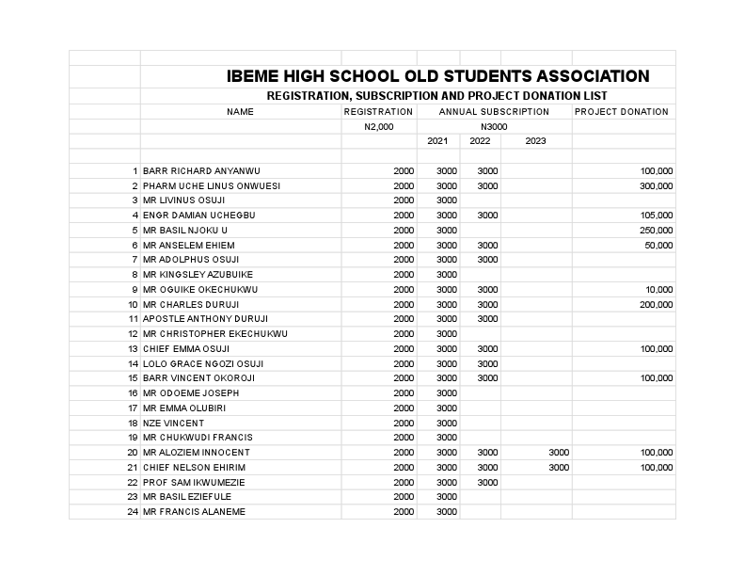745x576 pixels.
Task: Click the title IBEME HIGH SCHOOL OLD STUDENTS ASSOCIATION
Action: pyautogui.click(x=437, y=76)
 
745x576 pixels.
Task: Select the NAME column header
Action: pyautogui.click(x=240, y=112)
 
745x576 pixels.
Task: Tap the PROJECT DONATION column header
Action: pyautogui.click(x=621, y=112)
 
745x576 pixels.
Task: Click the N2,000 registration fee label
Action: pyautogui.click(x=378, y=126)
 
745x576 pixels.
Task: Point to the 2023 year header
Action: pyautogui.click(x=535, y=141)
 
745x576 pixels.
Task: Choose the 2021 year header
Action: pyautogui.click(x=437, y=141)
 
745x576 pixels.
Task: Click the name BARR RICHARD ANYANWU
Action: pyautogui.click(x=201, y=171)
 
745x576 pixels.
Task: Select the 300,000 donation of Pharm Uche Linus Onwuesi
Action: pyautogui.click(x=656, y=186)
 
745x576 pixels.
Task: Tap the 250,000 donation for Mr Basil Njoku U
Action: pyautogui.click(x=656, y=231)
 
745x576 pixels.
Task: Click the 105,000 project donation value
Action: pyautogui.click(x=656, y=216)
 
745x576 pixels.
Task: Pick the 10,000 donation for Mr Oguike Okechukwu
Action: pyautogui.click(x=658, y=290)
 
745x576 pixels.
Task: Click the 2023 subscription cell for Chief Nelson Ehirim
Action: pyautogui.click(x=559, y=468)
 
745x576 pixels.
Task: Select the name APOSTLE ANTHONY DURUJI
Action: pyautogui.click(x=205, y=319)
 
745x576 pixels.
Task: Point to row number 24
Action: pyautogui.click(x=133, y=512)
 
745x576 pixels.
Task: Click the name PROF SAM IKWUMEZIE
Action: pyautogui.click(x=193, y=482)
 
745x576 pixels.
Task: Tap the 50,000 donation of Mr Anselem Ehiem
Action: pyautogui.click(x=658, y=246)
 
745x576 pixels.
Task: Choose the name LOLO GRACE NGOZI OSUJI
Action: pyautogui.click(x=203, y=363)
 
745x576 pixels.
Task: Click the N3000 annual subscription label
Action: pyautogui.click(x=494, y=126)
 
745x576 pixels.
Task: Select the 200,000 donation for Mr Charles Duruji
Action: pyautogui.click(x=656, y=305)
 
